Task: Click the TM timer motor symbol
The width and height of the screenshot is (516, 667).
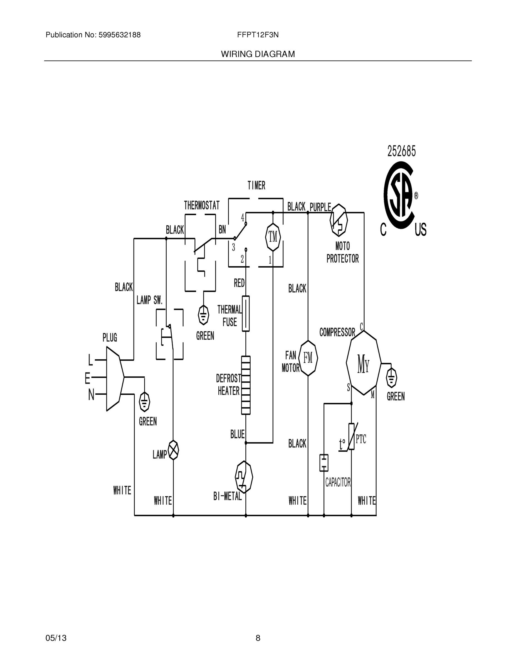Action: (273, 237)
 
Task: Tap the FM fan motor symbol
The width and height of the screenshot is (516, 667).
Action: (308, 358)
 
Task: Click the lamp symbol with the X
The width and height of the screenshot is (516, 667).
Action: (173, 450)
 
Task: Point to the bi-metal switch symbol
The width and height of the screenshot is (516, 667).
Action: (244, 477)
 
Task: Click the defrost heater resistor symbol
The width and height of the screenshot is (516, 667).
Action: (246, 385)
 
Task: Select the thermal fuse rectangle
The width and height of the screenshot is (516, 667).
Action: (246, 313)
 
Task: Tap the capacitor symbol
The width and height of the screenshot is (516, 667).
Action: (324, 463)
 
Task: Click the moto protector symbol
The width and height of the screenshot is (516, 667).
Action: (339, 220)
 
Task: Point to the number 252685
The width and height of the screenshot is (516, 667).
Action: (401, 151)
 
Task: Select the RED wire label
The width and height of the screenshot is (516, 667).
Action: (239, 283)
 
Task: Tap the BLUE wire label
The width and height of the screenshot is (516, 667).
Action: (238, 434)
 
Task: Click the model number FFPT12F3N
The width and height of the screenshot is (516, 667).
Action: (258, 35)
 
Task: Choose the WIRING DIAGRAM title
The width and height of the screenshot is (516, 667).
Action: (258, 54)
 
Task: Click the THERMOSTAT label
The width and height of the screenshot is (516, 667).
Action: (201, 205)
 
